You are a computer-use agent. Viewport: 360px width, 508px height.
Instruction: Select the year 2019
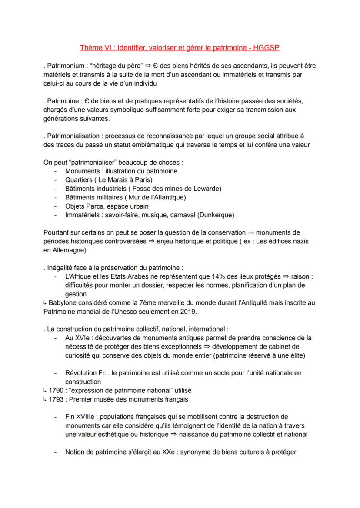[x=188, y=311]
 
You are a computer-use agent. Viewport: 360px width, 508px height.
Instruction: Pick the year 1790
[x=55, y=391]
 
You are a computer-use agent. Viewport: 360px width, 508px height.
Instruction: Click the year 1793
[x=55, y=399]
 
